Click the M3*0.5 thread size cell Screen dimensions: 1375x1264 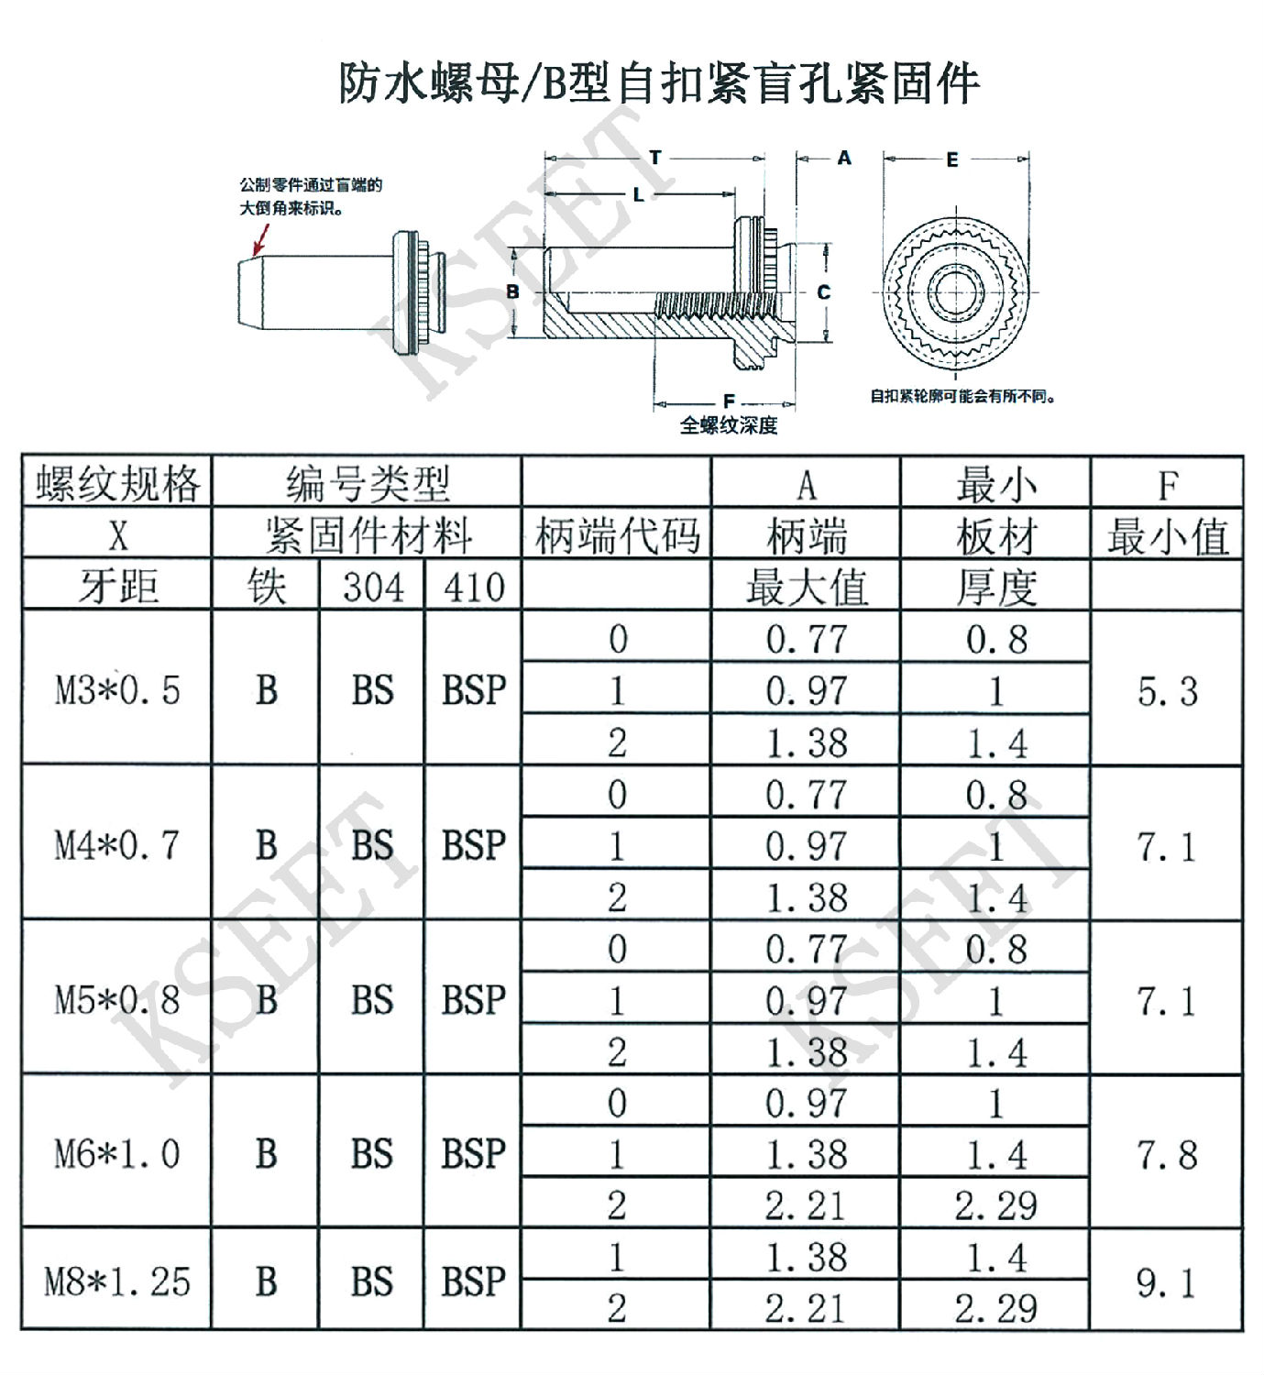tap(117, 690)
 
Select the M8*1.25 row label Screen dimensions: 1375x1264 tap(117, 1281)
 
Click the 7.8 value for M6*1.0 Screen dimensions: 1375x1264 tap(1167, 1155)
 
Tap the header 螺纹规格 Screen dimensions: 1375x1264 tap(117, 483)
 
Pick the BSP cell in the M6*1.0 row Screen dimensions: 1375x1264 tap(474, 1154)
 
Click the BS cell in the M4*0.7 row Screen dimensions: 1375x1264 tap(372, 844)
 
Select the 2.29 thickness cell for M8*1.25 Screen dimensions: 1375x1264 tap(995, 1308)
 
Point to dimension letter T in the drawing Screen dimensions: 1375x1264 tap(654, 158)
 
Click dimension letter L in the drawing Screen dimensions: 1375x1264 tap(638, 194)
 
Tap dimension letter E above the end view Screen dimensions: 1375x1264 tap(952, 160)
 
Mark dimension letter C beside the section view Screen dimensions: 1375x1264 tap(823, 292)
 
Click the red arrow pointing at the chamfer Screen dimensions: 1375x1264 tap(260, 238)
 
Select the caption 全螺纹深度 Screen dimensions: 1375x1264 tap(729, 425)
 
